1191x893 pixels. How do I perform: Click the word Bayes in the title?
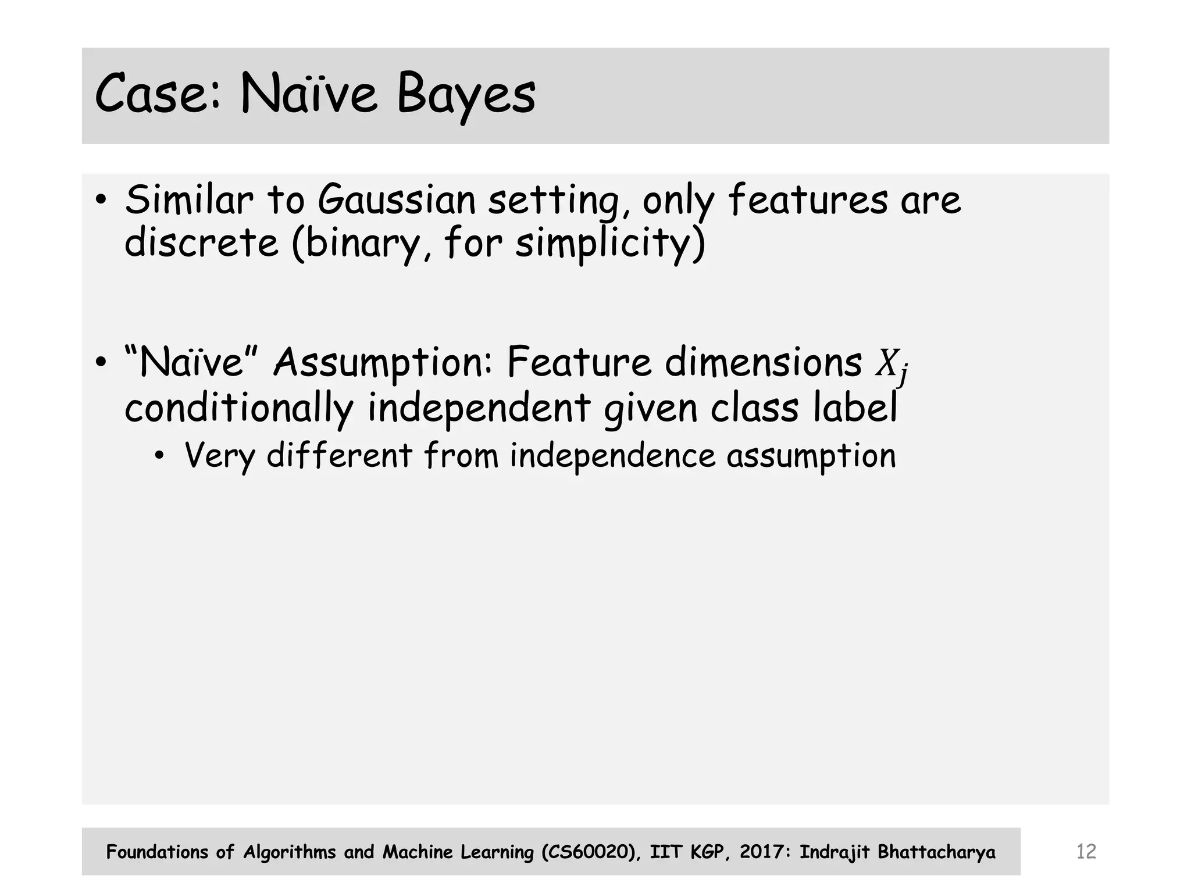(466, 94)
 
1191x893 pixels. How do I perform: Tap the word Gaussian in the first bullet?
(397, 200)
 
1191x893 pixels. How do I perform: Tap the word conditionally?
(238, 408)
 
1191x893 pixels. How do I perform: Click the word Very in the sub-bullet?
(219, 456)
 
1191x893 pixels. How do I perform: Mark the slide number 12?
(1086, 852)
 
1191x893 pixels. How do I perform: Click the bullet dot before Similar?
(101, 201)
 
